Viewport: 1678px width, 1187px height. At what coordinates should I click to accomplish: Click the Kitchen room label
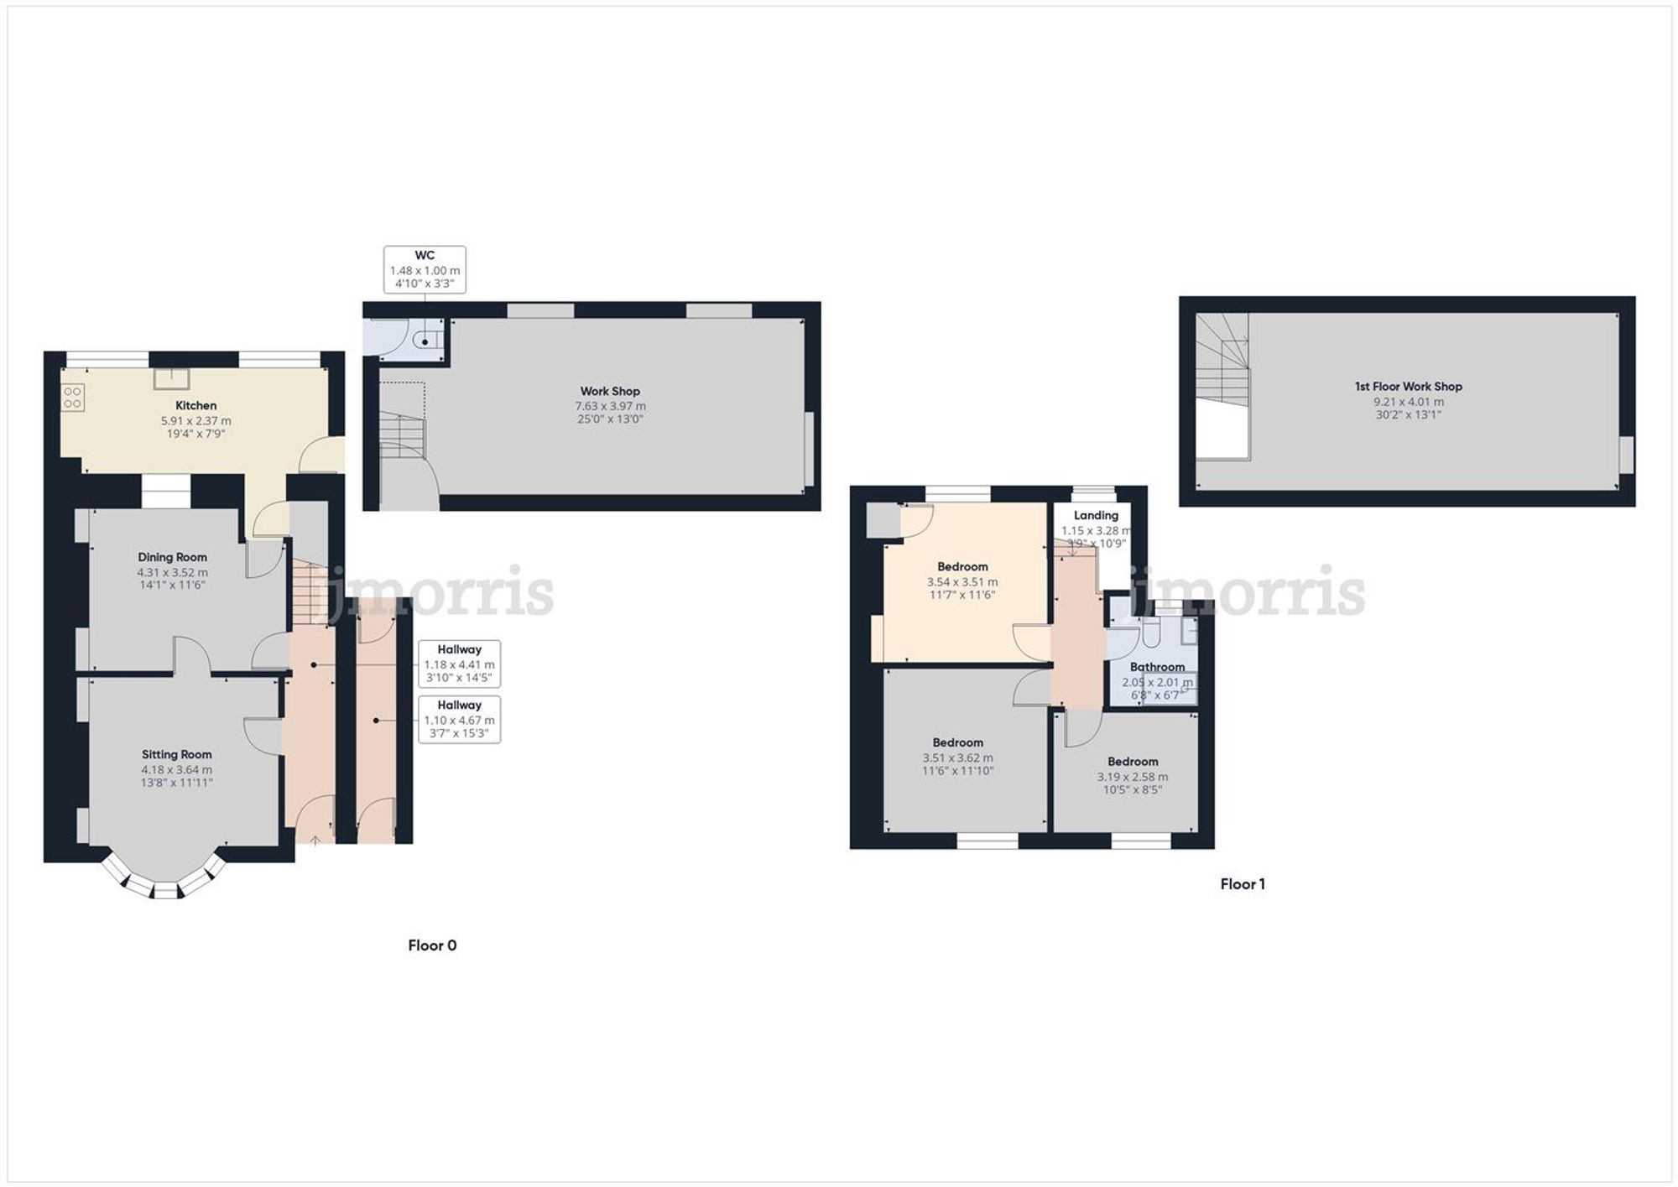[x=195, y=406]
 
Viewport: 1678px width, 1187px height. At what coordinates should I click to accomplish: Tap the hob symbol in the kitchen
[x=73, y=398]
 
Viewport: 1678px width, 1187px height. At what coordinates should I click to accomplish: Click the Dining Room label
[x=172, y=557]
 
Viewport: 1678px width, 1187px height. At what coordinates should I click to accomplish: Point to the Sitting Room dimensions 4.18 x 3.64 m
[x=176, y=769]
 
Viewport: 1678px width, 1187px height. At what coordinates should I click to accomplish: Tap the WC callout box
[x=425, y=269]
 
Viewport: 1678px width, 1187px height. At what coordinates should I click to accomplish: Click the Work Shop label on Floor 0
[x=610, y=391]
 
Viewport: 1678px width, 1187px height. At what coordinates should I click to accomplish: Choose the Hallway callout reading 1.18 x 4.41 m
[x=459, y=664]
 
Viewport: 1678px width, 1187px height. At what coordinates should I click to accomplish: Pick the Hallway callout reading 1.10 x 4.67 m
[x=459, y=719]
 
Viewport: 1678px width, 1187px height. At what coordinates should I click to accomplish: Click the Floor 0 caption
[x=432, y=945]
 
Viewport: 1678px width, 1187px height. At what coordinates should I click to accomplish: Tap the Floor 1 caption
[x=1243, y=884]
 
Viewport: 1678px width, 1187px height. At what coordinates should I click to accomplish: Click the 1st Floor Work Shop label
[x=1408, y=387]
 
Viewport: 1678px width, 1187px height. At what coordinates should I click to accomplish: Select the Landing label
[x=1096, y=516]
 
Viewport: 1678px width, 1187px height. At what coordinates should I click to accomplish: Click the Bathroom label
[x=1157, y=667]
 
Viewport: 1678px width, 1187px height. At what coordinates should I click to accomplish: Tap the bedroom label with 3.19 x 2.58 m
[x=1133, y=762]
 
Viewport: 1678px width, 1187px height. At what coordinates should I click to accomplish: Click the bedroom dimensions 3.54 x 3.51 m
[x=962, y=581]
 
